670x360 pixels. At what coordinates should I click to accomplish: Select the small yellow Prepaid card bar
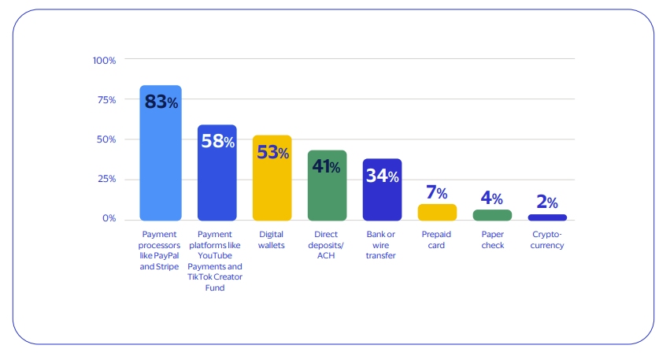point(437,212)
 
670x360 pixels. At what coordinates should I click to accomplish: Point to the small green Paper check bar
point(492,215)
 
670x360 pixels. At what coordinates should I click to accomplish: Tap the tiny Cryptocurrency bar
point(547,217)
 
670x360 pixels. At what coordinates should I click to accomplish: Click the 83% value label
point(161,102)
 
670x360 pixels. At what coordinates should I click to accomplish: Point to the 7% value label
point(437,193)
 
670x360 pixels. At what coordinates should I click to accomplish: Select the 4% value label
point(492,198)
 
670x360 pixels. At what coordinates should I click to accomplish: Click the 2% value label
point(547,202)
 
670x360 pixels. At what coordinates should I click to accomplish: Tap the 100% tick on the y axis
point(104,61)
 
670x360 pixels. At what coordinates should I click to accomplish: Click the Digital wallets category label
point(272,239)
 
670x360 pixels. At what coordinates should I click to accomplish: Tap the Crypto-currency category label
point(547,239)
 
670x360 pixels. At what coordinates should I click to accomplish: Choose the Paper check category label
point(492,239)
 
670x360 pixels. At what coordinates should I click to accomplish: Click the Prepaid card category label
point(437,239)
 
